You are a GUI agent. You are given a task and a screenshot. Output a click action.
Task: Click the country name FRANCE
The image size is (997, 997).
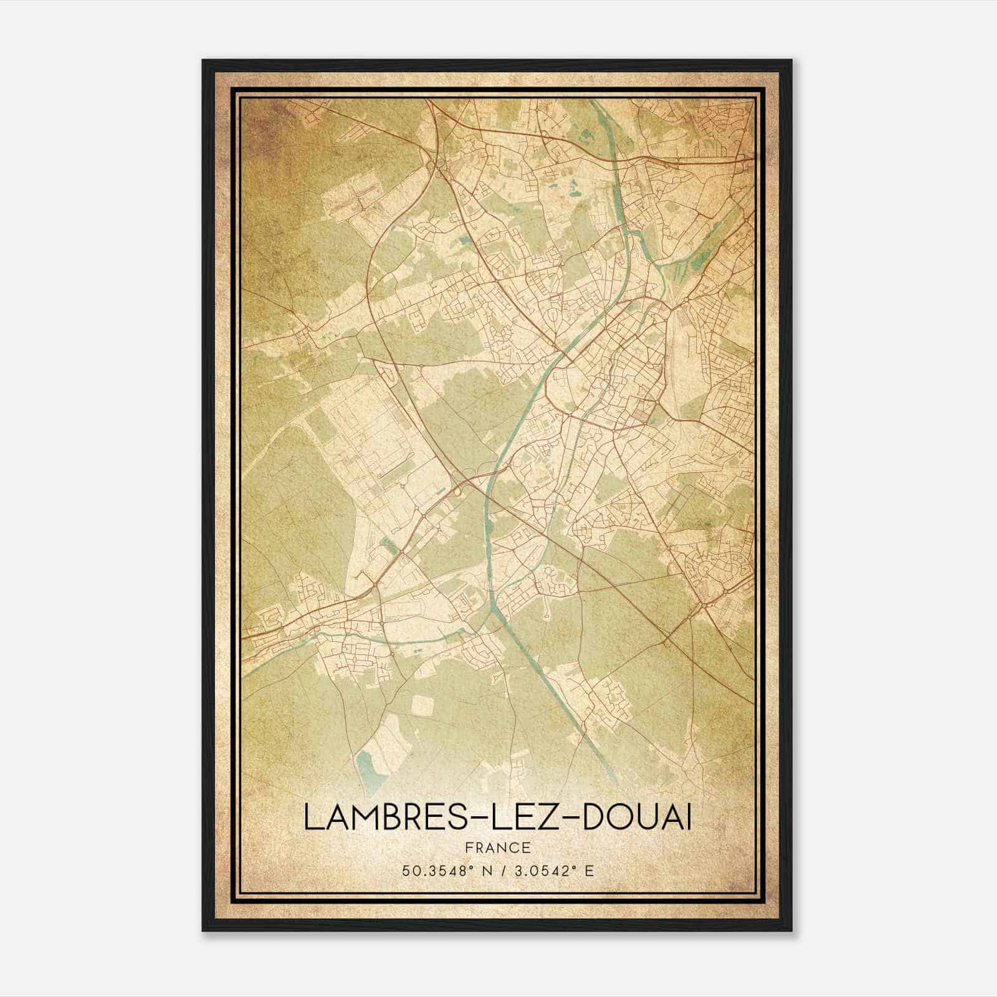pyautogui.click(x=497, y=847)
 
